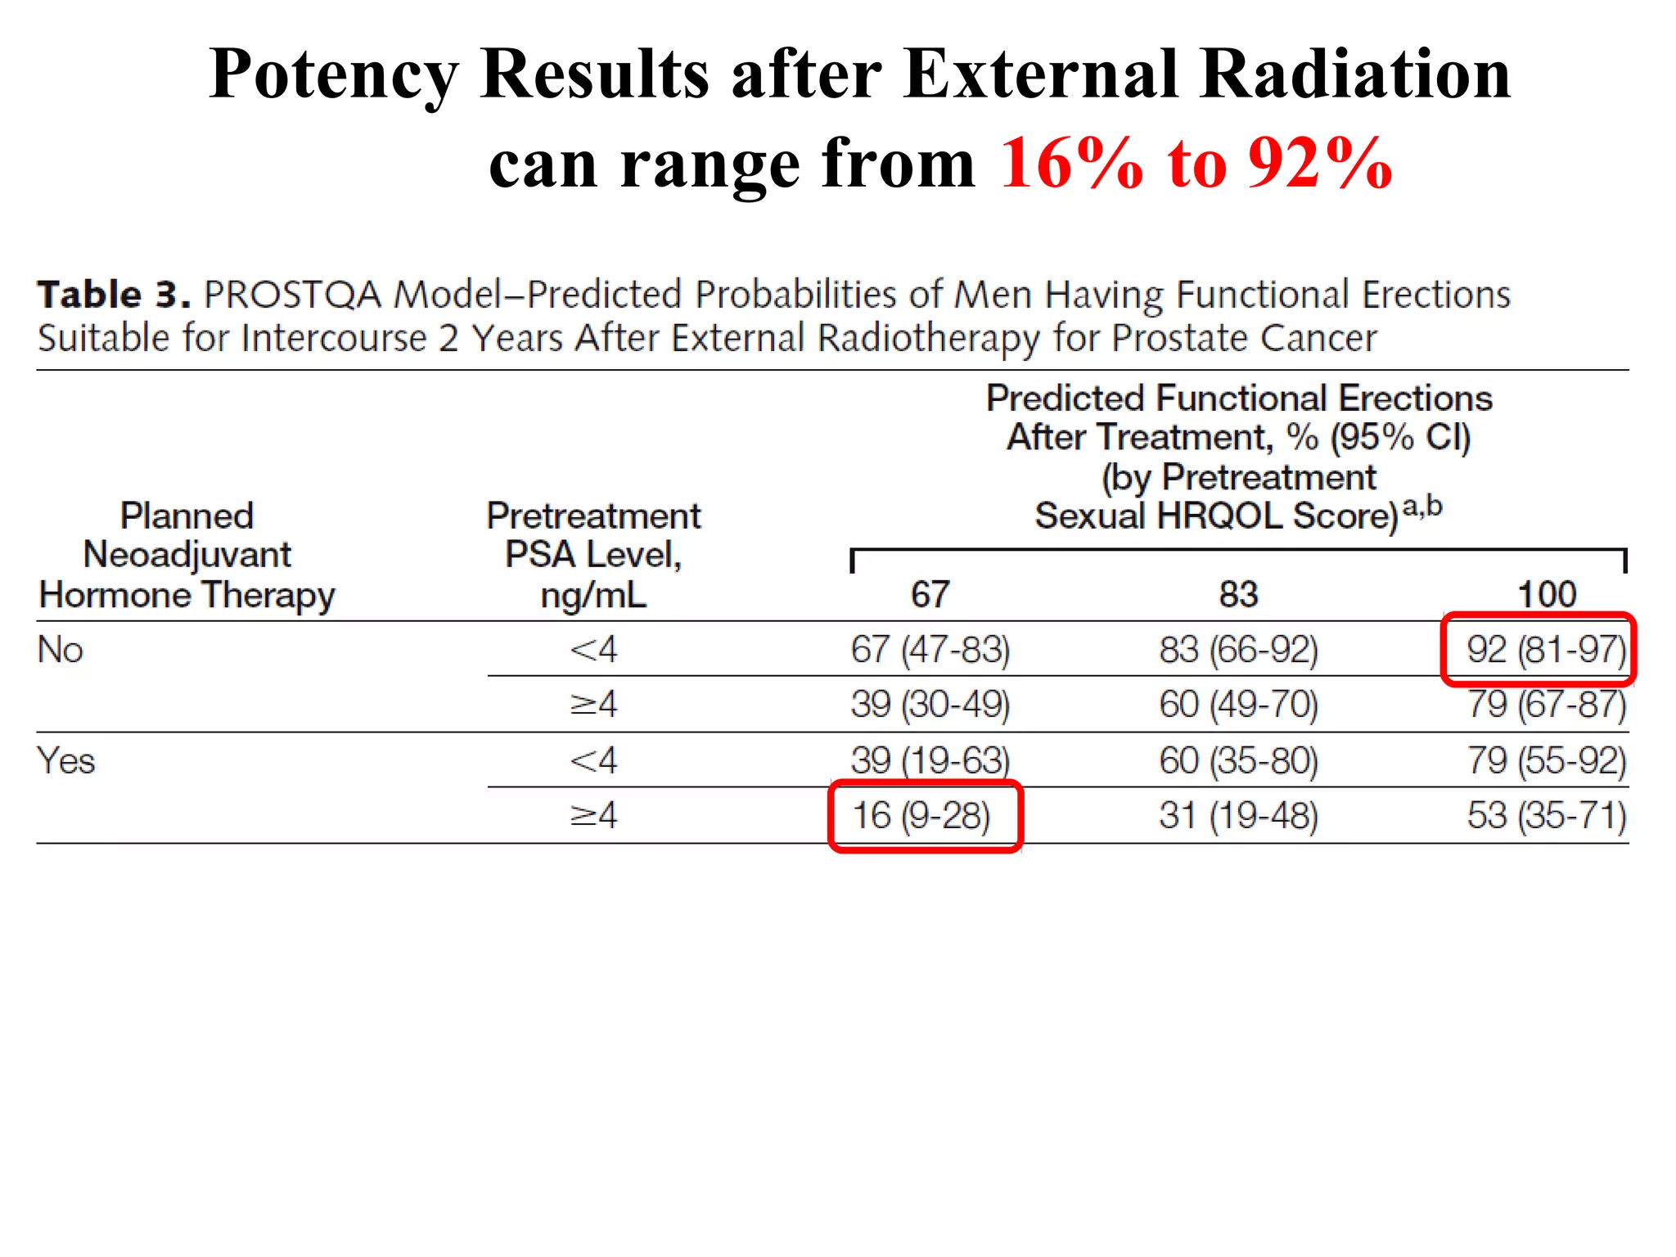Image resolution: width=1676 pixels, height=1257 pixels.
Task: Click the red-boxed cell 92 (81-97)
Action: point(1545,650)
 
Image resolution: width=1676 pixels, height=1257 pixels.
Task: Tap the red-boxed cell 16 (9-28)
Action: point(921,816)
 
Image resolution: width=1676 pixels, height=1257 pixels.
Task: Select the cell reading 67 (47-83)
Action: point(930,650)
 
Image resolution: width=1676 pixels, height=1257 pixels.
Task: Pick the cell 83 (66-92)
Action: point(1238,650)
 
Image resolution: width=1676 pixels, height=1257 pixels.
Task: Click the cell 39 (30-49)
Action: point(930,705)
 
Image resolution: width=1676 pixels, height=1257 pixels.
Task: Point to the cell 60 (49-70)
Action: point(1238,705)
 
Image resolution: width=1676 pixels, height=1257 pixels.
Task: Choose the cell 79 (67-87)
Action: point(1546,705)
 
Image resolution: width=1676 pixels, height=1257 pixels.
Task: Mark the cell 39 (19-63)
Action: point(930,760)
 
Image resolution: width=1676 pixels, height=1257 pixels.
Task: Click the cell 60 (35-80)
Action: point(1238,760)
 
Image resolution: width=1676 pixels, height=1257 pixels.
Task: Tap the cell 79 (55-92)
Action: point(1546,760)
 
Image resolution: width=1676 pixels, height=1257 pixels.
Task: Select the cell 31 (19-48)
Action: point(1238,816)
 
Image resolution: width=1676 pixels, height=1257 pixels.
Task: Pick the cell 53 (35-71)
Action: point(1546,816)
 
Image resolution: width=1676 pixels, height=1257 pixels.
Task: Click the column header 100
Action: point(1546,594)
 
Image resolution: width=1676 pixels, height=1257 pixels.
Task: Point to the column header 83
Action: point(1238,594)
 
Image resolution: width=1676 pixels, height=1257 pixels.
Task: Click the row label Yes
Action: point(66,761)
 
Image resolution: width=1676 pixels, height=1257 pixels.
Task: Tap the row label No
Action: point(61,650)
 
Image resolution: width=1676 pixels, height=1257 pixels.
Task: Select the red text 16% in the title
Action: point(1071,164)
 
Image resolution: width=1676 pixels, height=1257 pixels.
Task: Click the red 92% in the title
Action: point(1320,164)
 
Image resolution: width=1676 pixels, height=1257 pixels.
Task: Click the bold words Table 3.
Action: point(114,295)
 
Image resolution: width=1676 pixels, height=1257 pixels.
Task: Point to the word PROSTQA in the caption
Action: point(292,295)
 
